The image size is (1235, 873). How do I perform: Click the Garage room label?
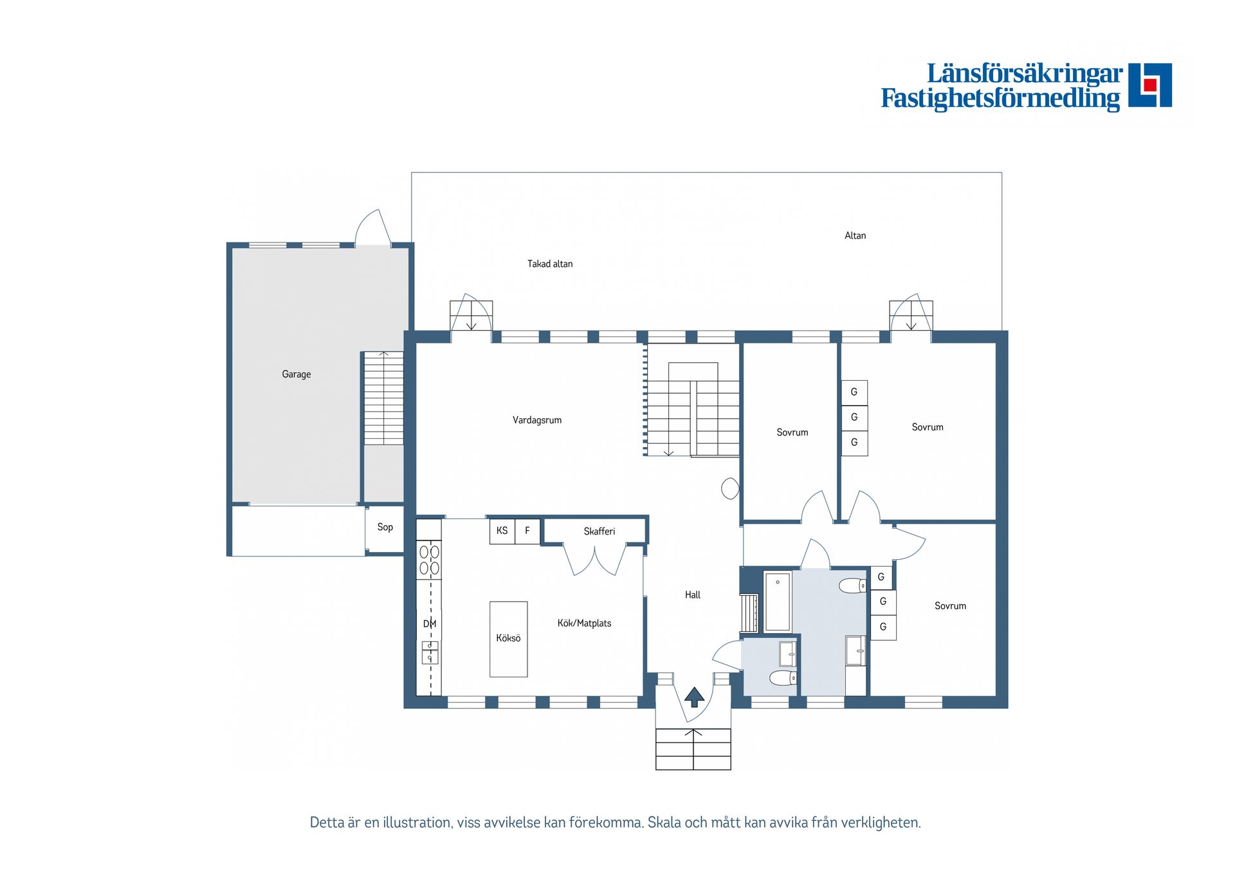tap(296, 374)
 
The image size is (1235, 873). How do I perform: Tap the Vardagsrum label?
tap(537, 420)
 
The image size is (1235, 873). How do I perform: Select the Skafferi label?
tap(599, 531)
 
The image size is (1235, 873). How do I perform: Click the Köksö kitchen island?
tap(508, 639)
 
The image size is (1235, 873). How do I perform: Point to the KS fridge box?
tap(502, 531)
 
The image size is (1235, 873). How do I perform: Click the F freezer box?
tap(527, 531)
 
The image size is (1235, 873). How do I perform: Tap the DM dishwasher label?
tap(430, 623)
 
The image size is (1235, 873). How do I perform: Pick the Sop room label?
tap(385, 527)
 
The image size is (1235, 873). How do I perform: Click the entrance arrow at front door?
tap(694, 697)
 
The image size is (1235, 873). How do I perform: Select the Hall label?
tap(693, 595)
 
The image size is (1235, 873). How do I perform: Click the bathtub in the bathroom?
tap(778, 602)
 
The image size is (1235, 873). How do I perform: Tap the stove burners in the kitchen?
tap(429, 560)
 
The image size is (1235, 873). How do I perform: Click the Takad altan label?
tap(550, 264)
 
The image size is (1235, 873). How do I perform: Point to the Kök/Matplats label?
tap(584, 623)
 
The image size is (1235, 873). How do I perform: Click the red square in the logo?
tap(1150, 85)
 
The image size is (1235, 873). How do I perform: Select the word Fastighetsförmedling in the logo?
tap(1000, 98)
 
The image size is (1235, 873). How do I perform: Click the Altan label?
tap(855, 235)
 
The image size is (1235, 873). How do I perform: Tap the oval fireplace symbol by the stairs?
tap(730, 489)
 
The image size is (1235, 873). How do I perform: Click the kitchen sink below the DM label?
tap(430, 652)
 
